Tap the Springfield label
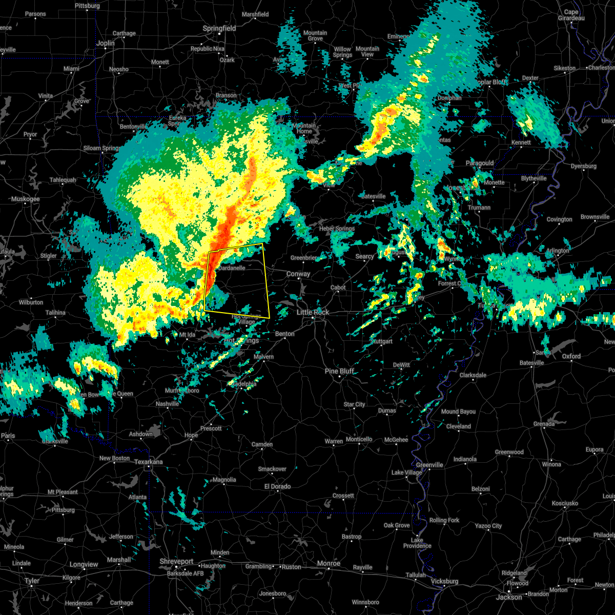tap(219, 29)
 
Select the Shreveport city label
tap(176, 562)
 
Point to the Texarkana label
tap(148, 462)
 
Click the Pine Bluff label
tap(339, 371)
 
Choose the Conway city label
tap(298, 274)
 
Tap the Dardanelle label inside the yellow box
tap(232, 268)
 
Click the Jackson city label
tap(509, 597)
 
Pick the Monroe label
tap(329, 563)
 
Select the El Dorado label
tap(277, 486)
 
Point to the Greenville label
tap(429, 465)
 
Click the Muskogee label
tap(25, 198)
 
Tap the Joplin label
tap(106, 44)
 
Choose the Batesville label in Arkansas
tap(373, 196)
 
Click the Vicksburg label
tap(444, 581)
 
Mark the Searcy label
tap(365, 256)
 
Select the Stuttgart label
tap(381, 341)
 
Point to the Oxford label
tap(571, 356)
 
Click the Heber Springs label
tap(337, 229)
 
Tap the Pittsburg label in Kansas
tap(87, 6)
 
